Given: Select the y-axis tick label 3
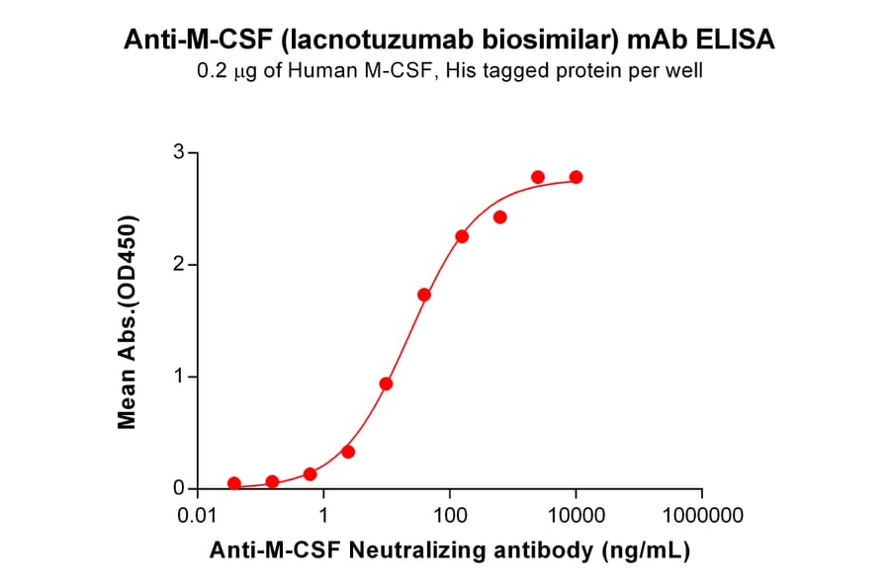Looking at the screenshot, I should (179, 152).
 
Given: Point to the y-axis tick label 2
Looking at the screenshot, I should (179, 265).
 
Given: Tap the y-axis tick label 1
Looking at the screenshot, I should (179, 377).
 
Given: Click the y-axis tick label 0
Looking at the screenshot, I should (179, 488).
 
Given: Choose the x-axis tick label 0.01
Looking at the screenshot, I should (198, 515).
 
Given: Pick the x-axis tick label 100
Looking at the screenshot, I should (450, 515).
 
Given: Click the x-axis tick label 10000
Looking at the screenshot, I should (577, 515).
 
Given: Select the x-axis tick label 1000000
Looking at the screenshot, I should (702, 515).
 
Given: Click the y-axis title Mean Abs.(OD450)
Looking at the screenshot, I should (127, 321).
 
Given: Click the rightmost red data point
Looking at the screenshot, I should (577, 177).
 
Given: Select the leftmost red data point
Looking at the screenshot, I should (234, 483).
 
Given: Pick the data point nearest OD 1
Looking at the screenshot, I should (387, 383).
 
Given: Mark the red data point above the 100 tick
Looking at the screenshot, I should (462, 236).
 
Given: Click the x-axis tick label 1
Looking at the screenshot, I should (324, 515).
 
